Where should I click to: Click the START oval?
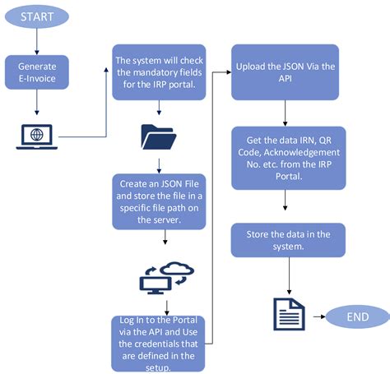35,16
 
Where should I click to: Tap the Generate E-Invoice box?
35,72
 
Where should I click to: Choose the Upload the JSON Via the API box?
285,72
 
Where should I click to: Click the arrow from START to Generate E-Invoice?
35,41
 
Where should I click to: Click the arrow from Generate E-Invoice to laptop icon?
35,103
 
